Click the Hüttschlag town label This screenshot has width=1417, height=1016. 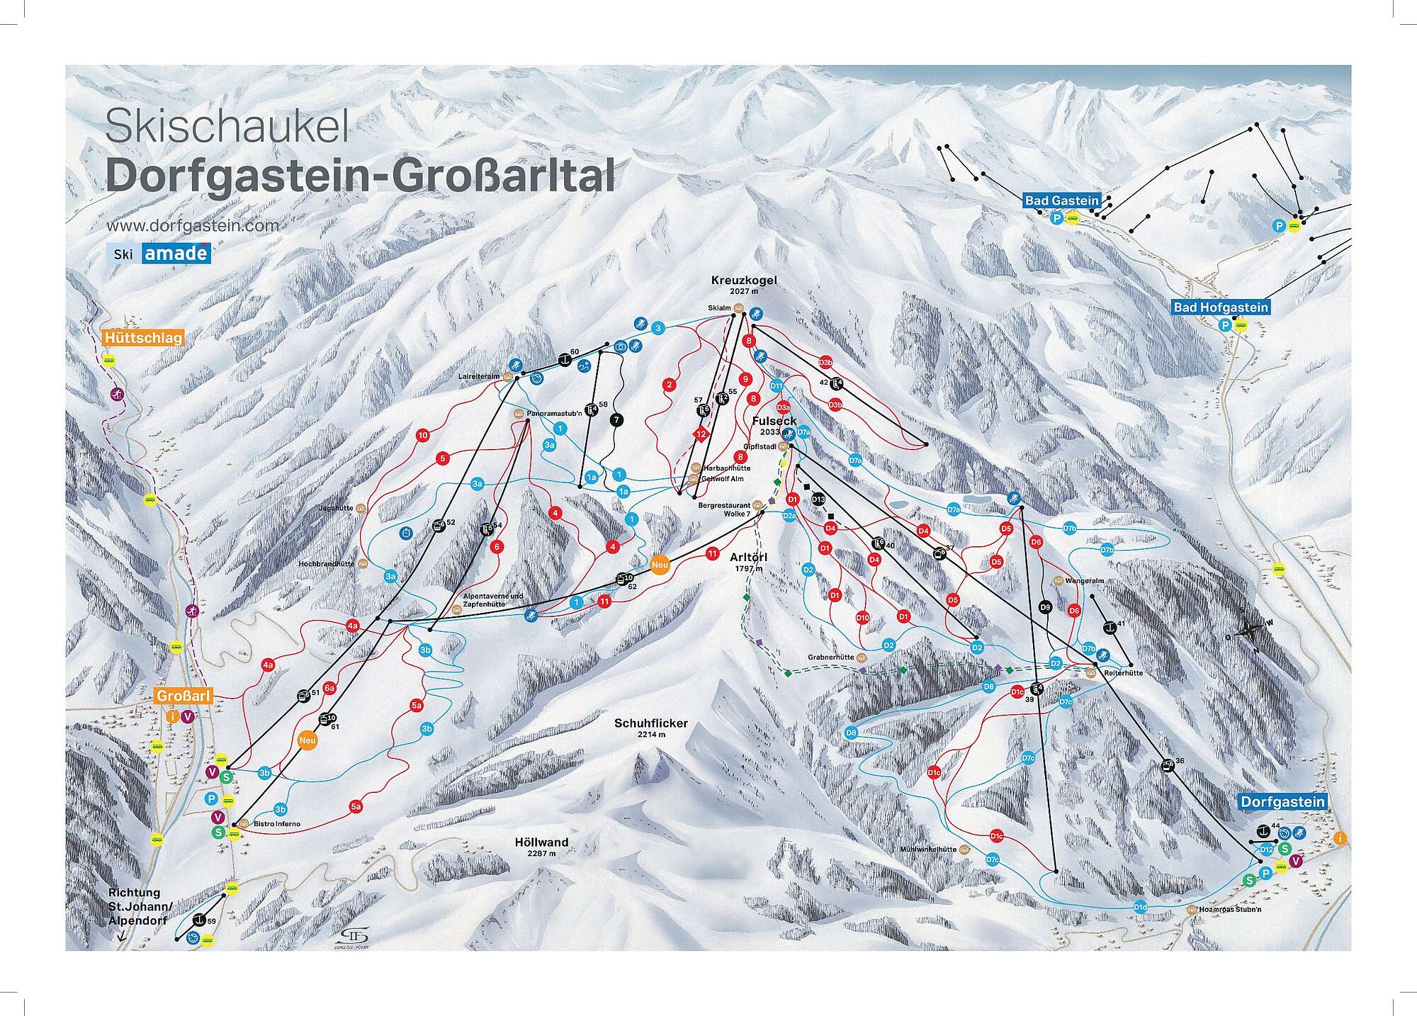(x=142, y=338)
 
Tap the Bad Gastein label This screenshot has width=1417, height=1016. (x=1061, y=201)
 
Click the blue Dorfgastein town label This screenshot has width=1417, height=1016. (x=1282, y=801)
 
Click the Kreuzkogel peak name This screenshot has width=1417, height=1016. (x=744, y=281)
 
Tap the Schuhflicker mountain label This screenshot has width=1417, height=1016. (x=651, y=724)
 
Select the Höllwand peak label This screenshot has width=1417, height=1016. (x=543, y=842)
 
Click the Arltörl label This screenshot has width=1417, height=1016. (x=748, y=558)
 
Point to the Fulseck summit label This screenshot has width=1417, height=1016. (x=774, y=421)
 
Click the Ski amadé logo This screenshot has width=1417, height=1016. (x=159, y=253)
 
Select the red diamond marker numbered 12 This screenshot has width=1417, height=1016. (x=701, y=434)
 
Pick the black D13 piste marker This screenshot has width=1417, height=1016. (x=818, y=499)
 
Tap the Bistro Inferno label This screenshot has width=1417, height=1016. (x=277, y=824)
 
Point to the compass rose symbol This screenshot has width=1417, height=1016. (x=1255, y=628)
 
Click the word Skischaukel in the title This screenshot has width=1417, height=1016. (x=227, y=129)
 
